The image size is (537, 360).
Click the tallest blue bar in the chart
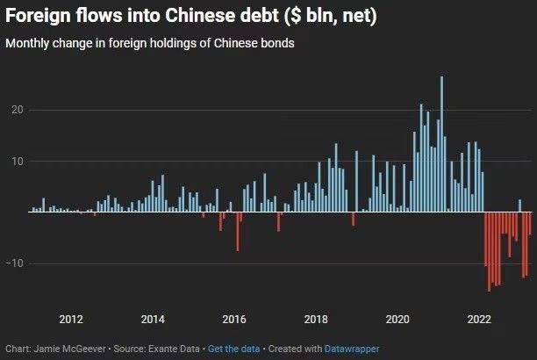441,145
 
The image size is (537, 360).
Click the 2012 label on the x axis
71,318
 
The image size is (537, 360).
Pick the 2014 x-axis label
153,318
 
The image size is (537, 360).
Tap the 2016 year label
234,318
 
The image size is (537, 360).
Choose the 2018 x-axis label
316,318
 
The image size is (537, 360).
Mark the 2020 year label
397,318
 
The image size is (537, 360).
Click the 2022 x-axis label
479,318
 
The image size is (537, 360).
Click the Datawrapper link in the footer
354,349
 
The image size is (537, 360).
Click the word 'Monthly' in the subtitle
28,44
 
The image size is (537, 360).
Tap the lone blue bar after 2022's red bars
519,206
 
